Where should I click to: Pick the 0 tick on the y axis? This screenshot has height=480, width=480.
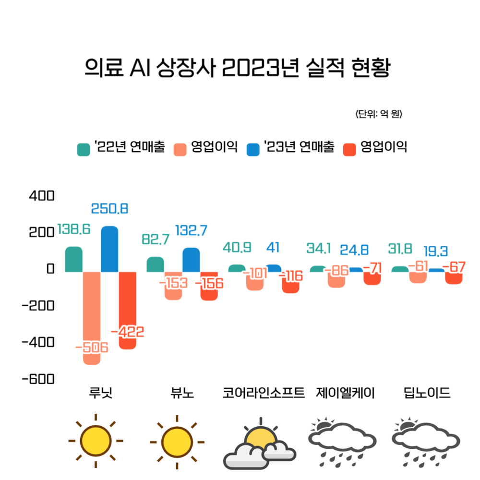50,269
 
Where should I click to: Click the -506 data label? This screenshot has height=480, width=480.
92,347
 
